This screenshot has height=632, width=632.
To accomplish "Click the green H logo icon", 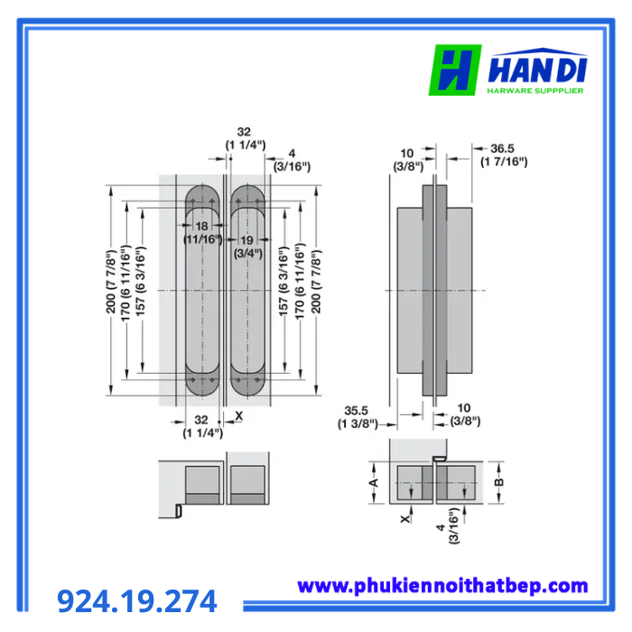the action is tap(455, 70).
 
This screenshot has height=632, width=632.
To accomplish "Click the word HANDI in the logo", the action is tap(537, 70).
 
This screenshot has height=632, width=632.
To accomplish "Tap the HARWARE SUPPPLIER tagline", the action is tap(534, 90).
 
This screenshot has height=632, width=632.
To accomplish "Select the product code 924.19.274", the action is tap(137, 601).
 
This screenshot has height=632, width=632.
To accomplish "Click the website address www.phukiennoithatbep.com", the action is tap(442, 586).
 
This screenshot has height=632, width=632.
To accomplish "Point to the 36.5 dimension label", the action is tap(502, 148).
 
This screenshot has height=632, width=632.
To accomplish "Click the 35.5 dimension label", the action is tap(356, 411).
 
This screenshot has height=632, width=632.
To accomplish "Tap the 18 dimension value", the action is tap(201, 226).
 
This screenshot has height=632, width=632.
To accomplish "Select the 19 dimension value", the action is tap(246, 240).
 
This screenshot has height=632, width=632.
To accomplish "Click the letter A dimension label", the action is tap(374, 482).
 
